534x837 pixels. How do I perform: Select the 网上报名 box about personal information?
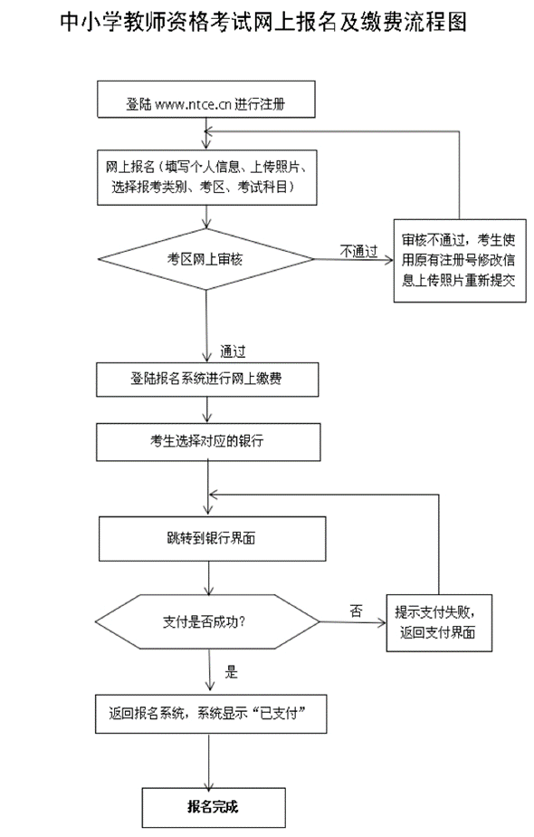[x=208, y=177]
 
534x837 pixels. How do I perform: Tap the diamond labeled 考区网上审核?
[x=206, y=258]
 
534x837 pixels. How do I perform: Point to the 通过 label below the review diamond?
[x=234, y=351]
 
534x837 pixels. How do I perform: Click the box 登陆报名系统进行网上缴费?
[x=208, y=379]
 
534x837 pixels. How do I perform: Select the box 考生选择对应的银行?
[x=208, y=442]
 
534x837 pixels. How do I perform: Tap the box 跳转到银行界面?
[x=210, y=539]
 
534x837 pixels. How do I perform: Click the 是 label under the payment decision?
[x=231, y=672]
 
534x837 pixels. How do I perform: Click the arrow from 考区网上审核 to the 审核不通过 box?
[x=353, y=260]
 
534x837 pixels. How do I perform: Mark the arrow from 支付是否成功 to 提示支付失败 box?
[x=353, y=622]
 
